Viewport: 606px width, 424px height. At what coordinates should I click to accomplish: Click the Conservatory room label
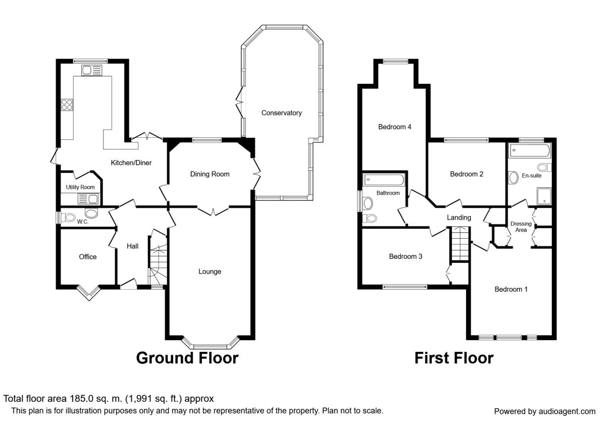[281, 113]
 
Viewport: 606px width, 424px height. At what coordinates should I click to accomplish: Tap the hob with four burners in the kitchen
[67, 105]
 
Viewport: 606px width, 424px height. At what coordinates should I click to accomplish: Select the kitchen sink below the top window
[92, 70]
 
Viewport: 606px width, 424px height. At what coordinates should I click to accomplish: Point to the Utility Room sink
[88, 199]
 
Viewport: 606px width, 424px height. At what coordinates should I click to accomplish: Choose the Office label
[88, 256]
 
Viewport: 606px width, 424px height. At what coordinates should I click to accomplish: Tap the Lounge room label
[210, 272]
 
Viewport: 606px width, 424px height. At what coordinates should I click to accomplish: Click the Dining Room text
[210, 174]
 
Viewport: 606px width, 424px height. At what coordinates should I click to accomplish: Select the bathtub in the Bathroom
[384, 180]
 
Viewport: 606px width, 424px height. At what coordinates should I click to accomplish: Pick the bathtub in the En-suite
[530, 151]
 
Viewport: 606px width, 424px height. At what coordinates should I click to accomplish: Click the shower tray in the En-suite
[544, 195]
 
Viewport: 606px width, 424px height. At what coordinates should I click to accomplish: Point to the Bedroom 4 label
[395, 127]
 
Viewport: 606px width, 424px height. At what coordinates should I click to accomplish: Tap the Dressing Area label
[521, 227]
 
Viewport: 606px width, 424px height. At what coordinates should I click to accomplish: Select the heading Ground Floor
[187, 358]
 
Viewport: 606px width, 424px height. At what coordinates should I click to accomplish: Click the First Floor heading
[454, 358]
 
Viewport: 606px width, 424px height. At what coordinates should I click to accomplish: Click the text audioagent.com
[567, 411]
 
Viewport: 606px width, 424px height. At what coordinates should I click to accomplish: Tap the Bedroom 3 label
[406, 256]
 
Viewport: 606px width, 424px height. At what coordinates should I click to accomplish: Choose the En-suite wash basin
[513, 178]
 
